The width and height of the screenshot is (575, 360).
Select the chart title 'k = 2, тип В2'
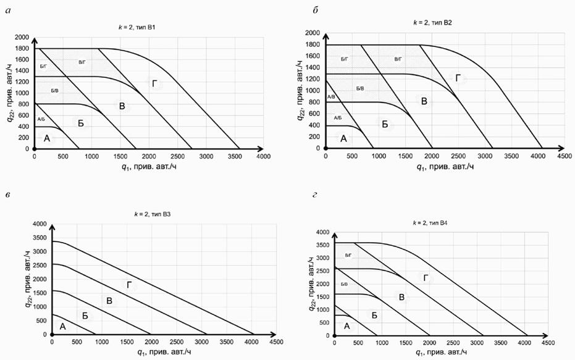[433, 22]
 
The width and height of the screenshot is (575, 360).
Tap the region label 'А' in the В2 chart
[344, 138]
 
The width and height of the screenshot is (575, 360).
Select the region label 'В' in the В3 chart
[109, 301]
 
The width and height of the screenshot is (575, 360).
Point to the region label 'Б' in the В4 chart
[374, 315]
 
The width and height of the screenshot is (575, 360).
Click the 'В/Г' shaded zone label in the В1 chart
[83, 62]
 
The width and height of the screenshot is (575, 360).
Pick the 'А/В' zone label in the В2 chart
[330, 97]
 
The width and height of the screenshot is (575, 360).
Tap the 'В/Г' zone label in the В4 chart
[348, 254]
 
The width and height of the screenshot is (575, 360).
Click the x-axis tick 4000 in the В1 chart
[263, 157]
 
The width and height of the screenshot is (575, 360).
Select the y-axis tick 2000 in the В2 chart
[314, 33]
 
